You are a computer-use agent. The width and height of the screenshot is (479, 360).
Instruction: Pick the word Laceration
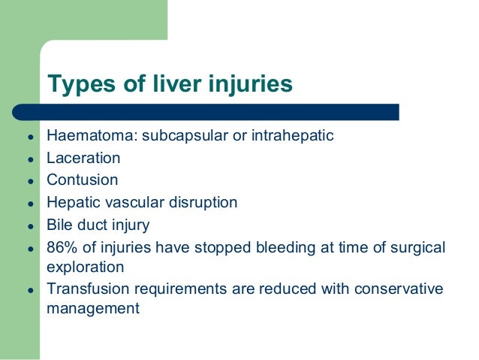[83, 159]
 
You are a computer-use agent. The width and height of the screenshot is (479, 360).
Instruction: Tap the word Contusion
[83, 180]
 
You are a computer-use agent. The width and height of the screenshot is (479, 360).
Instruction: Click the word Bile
[59, 224]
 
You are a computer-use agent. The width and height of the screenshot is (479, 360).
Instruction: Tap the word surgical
[415, 247]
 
